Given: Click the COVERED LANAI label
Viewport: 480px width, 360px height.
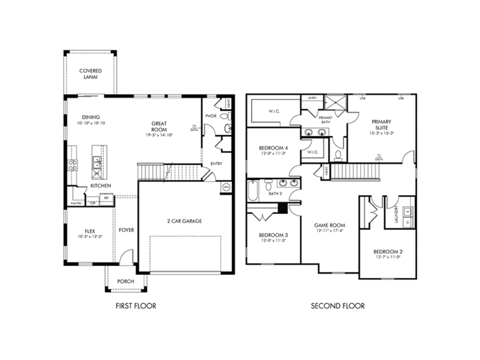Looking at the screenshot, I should click(90, 74).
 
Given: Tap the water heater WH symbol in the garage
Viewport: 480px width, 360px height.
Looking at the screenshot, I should click(226, 187).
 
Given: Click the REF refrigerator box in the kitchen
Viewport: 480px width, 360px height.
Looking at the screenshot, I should click(106, 198).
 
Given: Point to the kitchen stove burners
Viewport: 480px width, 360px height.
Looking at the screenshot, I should click(72, 165).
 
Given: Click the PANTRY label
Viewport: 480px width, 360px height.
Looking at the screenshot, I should click(76, 203).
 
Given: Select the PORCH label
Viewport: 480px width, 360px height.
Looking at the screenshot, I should click(125, 281).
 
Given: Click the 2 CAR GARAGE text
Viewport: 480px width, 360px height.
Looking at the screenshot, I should click(184, 221).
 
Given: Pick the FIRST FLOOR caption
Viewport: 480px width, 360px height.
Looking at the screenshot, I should click(136, 306).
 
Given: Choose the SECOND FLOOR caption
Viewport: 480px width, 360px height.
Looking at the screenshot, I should click(338, 306).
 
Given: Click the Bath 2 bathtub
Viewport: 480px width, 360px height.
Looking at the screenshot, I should click(253, 191).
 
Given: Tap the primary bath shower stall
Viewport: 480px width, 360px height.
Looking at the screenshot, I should click(336, 103).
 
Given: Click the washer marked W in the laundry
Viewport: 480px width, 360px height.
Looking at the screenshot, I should click(408, 211).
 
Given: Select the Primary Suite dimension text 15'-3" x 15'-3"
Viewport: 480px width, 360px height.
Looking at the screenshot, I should click(381, 133).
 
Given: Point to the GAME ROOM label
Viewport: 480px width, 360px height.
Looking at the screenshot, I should click(330, 225).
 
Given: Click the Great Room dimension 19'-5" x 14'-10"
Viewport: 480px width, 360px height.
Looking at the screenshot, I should click(159, 135).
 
